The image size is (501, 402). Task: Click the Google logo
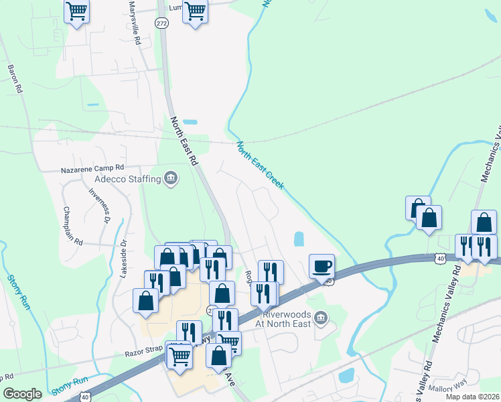pyautogui.click(x=23, y=394)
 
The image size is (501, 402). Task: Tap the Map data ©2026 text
pyautogui.click(x=472, y=397)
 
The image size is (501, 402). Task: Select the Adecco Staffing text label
pyautogui.click(x=127, y=179)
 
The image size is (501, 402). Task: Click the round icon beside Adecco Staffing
pyautogui.click(x=171, y=178)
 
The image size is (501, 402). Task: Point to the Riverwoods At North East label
pyautogui.click(x=285, y=317)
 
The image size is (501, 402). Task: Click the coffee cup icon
pyautogui.click(x=321, y=265)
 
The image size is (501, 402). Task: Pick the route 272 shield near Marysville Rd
pyautogui.click(x=164, y=23)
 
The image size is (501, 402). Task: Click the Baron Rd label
pyautogui.click(x=15, y=78)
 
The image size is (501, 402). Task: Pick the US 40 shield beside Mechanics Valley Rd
pyautogui.click(x=439, y=257)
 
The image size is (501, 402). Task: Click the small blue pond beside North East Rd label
pyautogui.click(x=191, y=123)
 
